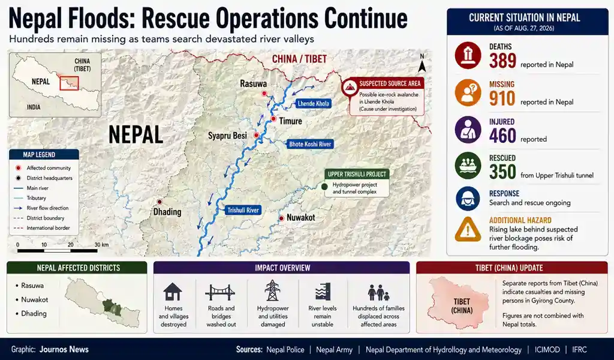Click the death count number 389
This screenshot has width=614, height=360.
(x=502, y=61)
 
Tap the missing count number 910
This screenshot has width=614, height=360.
(x=502, y=98)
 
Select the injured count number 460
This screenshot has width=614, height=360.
(x=502, y=136)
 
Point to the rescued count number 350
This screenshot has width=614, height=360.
(x=502, y=172)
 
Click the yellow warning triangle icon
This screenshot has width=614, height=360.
(x=468, y=229)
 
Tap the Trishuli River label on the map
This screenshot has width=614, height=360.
(x=243, y=211)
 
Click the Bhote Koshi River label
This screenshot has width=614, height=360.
(x=310, y=144)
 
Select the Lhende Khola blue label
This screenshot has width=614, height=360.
(x=313, y=103)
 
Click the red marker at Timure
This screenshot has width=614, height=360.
(x=273, y=119)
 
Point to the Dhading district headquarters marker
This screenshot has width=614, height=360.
(x=159, y=202)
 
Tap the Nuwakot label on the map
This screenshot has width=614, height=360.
(x=301, y=217)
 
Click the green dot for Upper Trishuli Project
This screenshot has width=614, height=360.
(x=324, y=187)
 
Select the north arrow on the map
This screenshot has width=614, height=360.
(x=422, y=64)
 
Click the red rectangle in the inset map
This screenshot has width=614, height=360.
(x=69, y=83)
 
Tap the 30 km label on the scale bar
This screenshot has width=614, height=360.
(x=102, y=245)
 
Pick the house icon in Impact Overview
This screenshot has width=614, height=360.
(x=173, y=292)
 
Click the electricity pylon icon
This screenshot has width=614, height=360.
(x=273, y=290)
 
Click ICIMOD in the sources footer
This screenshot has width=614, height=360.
(x=547, y=349)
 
